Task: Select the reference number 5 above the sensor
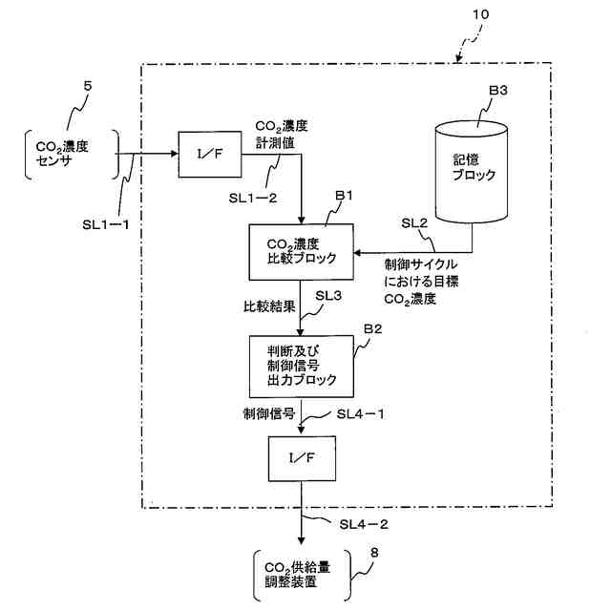click(x=87, y=88)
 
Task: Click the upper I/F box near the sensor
click(x=209, y=155)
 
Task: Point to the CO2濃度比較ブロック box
click(x=300, y=250)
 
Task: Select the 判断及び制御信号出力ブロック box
click(x=300, y=366)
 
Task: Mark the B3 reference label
click(x=499, y=91)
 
